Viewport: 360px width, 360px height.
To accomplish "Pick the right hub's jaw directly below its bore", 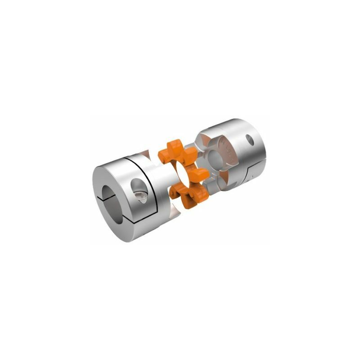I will (x=220, y=180).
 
